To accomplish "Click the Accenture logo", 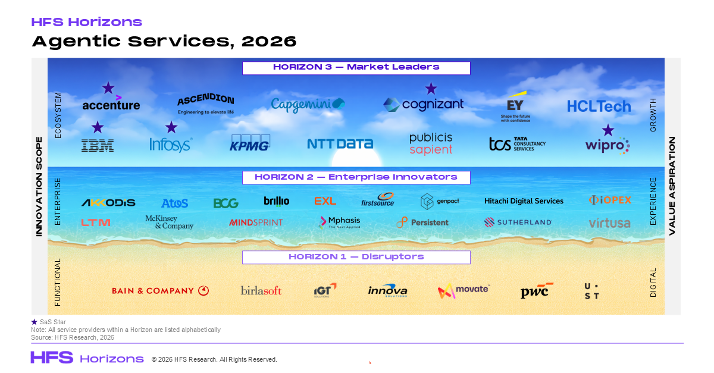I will point(111,104).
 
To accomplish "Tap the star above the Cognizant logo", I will point(431,89).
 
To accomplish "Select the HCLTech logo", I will point(599,106).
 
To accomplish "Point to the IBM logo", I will point(98,145).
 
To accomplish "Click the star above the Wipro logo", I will point(607,130).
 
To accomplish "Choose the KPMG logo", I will point(250,143).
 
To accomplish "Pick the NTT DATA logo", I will point(340,144).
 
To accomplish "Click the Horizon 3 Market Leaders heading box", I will point(356,68).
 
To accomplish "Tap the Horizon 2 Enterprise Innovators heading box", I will point(356,177).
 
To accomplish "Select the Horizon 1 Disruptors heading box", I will point(356,257).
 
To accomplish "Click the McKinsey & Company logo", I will point(170,222).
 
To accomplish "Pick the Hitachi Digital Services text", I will point(524,201).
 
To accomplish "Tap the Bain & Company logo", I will point(161,291).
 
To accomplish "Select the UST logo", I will point(592,291).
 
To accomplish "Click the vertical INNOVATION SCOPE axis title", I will point(39,186).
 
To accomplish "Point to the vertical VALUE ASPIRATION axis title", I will point(672,186).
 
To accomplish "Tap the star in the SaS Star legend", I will point(34,322).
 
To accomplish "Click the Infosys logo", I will point(171,145).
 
